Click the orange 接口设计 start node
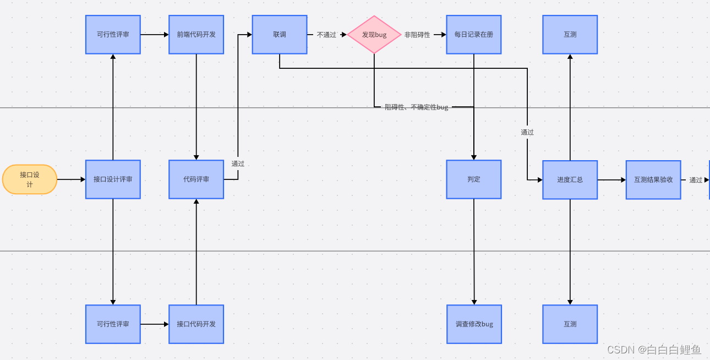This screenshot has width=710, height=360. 30,179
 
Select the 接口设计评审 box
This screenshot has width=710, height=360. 113,179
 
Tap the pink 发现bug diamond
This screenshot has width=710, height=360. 374,35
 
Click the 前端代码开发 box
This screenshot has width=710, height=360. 196,35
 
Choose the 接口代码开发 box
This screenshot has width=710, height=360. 196,324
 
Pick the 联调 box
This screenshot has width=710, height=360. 280,35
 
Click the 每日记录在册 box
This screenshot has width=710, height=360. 473,35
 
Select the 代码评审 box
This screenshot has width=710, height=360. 196,179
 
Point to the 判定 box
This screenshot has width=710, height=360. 473,179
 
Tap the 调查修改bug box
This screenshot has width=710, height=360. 474,324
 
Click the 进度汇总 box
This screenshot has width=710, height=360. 570,180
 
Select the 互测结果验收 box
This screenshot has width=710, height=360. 653,180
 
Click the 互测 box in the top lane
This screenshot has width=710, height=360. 570,35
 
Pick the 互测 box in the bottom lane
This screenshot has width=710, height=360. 570,324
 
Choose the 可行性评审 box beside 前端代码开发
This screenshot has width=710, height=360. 113,35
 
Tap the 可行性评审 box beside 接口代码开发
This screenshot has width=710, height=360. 113,324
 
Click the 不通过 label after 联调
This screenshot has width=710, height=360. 326,35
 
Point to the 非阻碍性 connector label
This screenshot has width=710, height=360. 417,35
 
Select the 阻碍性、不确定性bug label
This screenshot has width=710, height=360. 416,107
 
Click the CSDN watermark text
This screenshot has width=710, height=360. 654,350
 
